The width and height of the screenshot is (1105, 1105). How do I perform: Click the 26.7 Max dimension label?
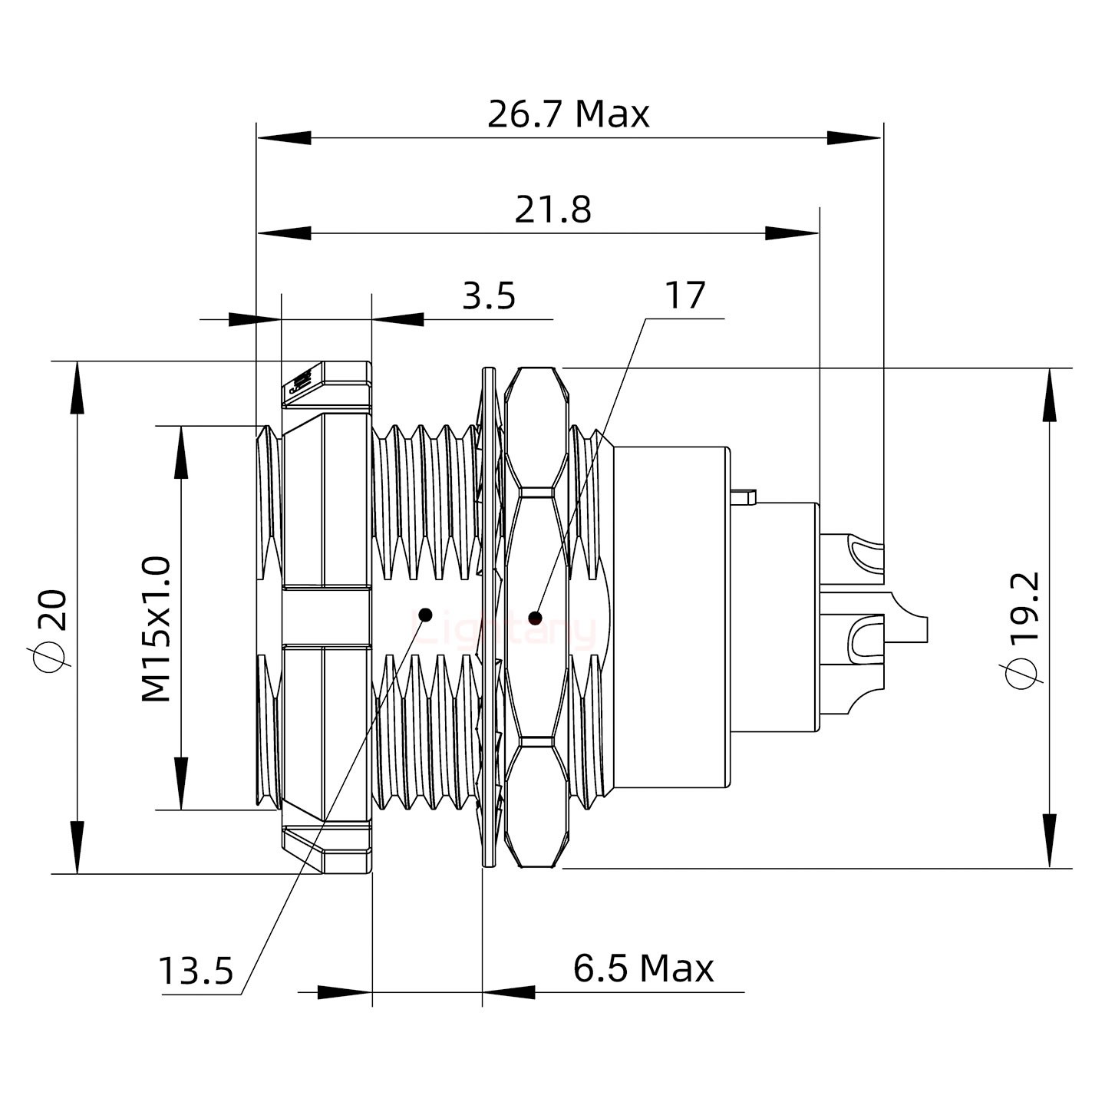[x=568, y=114]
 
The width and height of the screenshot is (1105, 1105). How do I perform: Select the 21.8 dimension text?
[x=552, y=209]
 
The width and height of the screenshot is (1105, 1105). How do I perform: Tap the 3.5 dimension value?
[x=489, y=296]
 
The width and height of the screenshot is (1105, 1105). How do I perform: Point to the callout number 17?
[x=684, y=296]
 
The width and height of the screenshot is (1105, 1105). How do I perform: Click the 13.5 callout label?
[x=196, y=971]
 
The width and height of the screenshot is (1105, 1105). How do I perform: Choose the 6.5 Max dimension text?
[x=643, y=968]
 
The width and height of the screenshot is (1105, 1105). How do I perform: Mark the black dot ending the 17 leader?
[x=535, y=618]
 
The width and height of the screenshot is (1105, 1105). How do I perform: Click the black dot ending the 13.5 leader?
[x=425, y=615]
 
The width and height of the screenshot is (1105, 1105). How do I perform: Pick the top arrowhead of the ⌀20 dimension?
[x=78, y=388]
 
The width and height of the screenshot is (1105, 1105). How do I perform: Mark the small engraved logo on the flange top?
[x=300, y=381]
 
